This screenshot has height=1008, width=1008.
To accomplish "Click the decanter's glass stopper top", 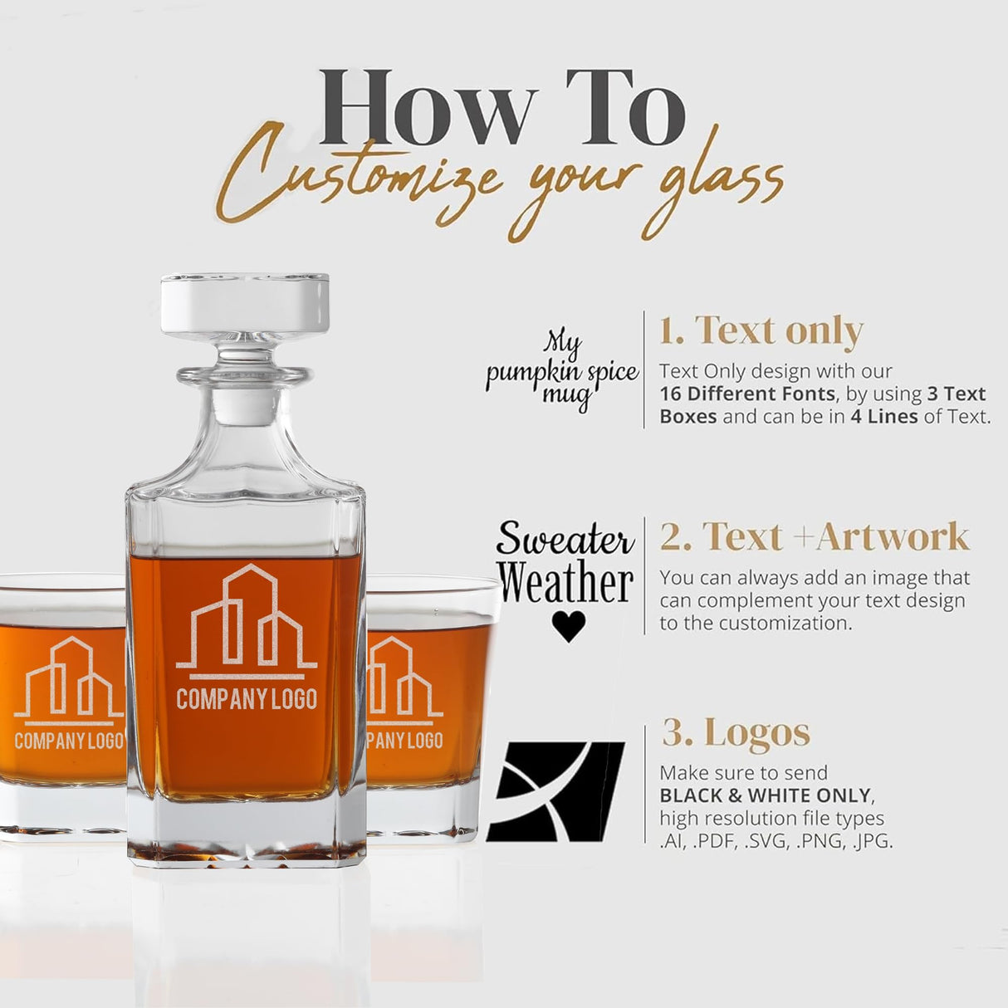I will pos(245,303).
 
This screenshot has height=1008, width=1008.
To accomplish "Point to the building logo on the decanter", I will pos(247,619).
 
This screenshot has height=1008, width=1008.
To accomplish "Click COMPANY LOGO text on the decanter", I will pos(247,699).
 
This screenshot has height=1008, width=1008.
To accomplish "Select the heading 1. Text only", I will pos(761,330).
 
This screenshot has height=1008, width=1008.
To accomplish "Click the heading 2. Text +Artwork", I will pos(815,536).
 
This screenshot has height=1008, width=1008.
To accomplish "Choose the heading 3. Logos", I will pos(736,732).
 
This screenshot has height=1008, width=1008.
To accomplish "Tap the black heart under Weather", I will pos(569,626).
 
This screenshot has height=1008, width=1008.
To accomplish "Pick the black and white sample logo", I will pos(555,792).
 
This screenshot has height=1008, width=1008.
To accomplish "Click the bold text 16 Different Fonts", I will pos(748,394).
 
